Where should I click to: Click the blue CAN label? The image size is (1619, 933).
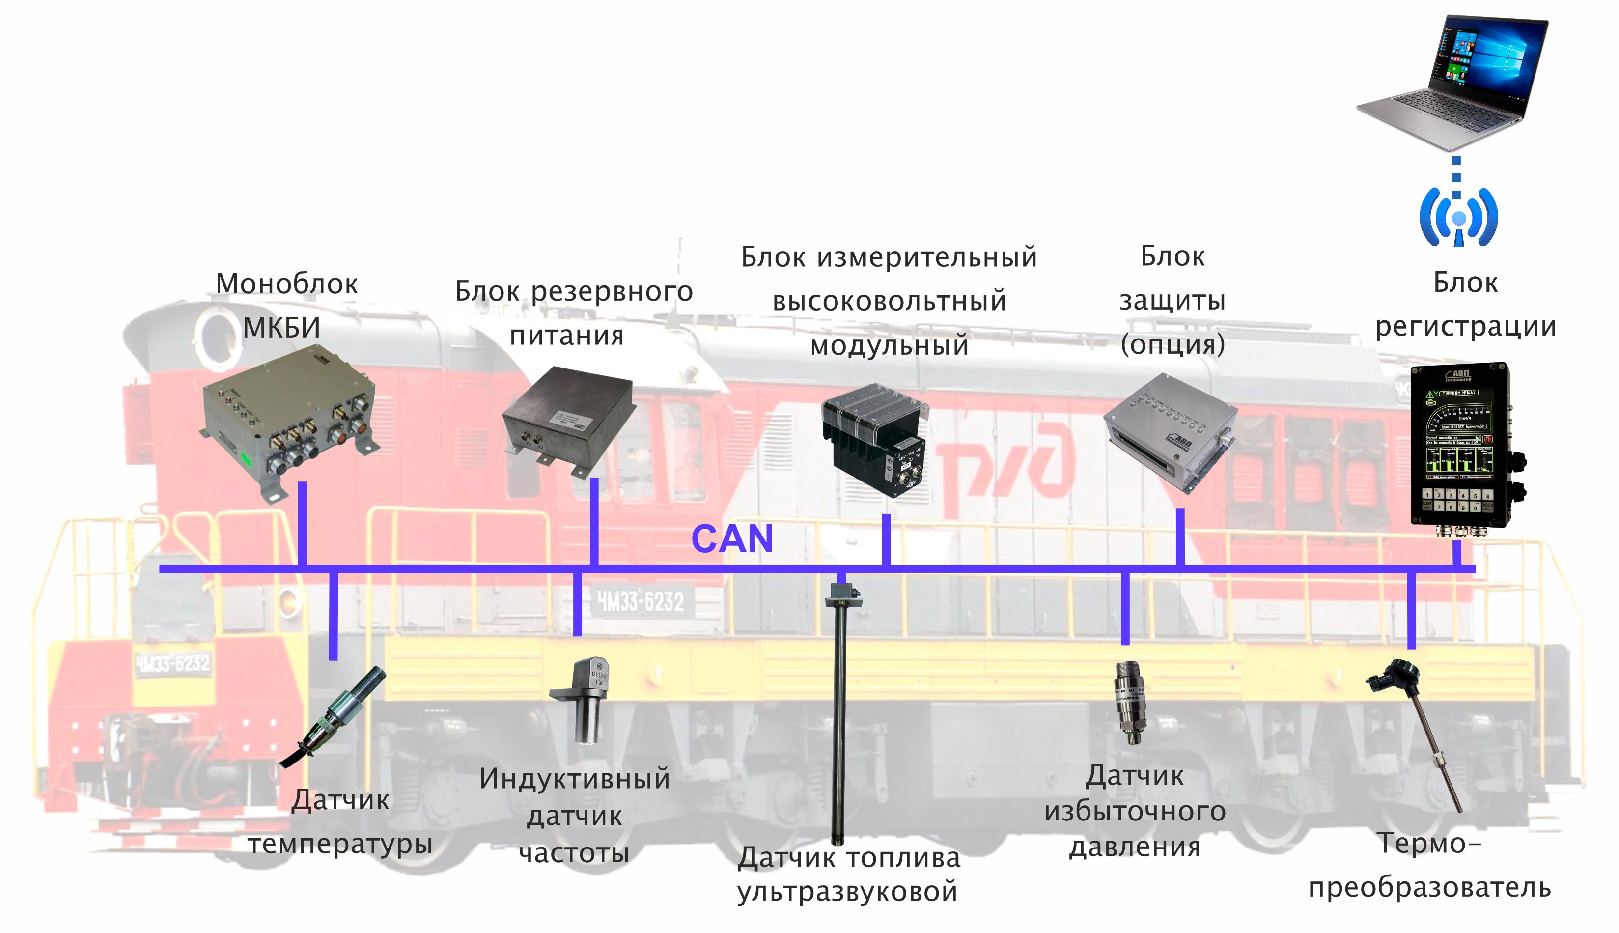(732, 539)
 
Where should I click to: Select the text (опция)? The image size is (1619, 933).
(1172, 344)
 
